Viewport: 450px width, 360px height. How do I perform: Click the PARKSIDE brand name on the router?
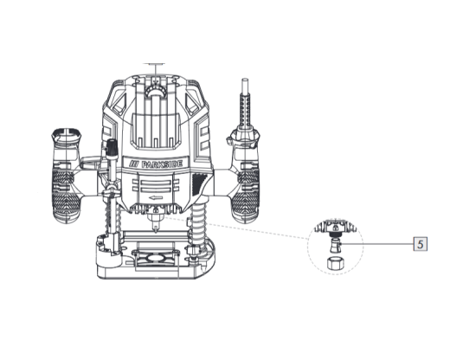[162, 164]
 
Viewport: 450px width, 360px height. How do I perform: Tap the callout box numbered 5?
[421, 244]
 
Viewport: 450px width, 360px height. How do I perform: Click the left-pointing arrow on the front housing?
[156, 198]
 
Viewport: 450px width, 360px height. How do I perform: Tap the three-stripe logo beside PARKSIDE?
[133, 164]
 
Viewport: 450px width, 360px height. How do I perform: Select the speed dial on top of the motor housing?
[156, 92]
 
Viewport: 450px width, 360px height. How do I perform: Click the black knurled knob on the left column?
[112, 147]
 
